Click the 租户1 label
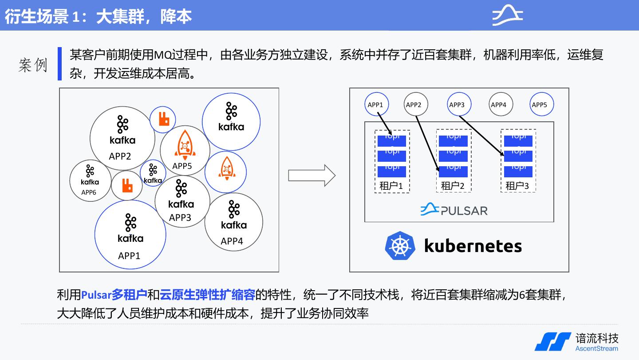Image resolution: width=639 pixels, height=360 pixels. [391, 186]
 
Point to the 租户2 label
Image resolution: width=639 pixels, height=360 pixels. [453, 186]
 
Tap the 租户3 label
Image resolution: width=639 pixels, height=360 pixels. [517, 186]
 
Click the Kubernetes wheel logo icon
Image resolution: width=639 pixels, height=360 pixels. [400, 245]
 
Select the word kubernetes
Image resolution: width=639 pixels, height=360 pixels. [473, 245]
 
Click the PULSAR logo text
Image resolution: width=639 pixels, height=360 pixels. [464, 210]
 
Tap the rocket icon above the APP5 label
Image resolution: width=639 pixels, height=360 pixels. [184, 145]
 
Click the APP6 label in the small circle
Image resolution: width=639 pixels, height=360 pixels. [89, 192]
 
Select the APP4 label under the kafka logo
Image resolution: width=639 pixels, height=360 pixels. [232, 241]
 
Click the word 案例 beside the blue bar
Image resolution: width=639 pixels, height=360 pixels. [33, 65]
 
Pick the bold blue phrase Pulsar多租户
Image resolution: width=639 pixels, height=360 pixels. [114, 294]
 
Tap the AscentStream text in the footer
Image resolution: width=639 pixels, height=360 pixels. [596, 348]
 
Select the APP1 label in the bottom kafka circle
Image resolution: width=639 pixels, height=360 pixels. [129, 256]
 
